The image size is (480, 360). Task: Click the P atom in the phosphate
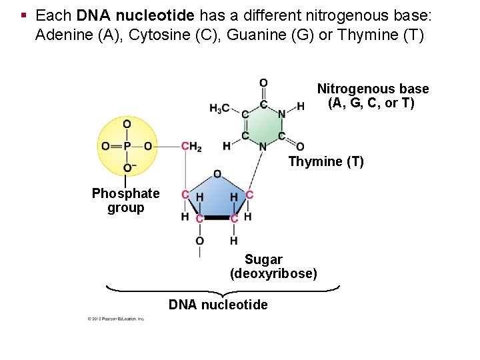click(x=127, y=146)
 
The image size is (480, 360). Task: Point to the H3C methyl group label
click(x=219, y=107)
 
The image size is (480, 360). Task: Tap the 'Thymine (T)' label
click(x=326, y=161)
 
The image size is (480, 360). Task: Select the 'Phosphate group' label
click(x=125, y=201)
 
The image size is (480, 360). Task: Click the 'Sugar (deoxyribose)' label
click(x=273, y=267)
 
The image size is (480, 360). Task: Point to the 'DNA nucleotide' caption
click(x=218, y=305)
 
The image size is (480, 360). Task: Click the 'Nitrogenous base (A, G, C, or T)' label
click(x=373, y=96)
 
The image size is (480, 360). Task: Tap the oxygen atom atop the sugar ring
click(x=217, y=174)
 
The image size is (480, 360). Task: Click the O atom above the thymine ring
click(x=263, y=83)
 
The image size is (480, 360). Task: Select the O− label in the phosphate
click(x=128, y=167)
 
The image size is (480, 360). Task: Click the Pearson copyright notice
click(x=116, y=319)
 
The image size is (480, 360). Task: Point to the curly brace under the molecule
click(x=223, y=291)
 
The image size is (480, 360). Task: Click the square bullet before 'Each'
click(x=23, y=14)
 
